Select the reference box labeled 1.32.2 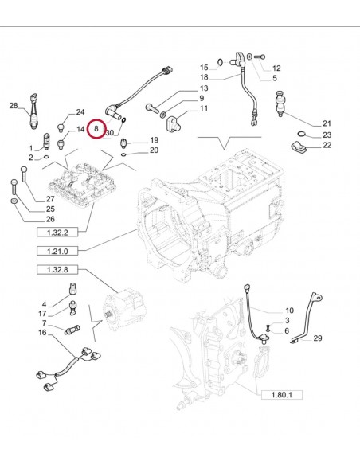[57, 232]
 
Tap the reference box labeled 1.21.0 [57, 252]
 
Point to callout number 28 [14, 106]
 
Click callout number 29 [318, 339]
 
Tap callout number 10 [289, 310]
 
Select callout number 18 [203, 77]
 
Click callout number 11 [204, 108]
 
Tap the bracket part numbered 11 [175, 123]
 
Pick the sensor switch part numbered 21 [281, 103]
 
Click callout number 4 [45, 303]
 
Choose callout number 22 [327, 146]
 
